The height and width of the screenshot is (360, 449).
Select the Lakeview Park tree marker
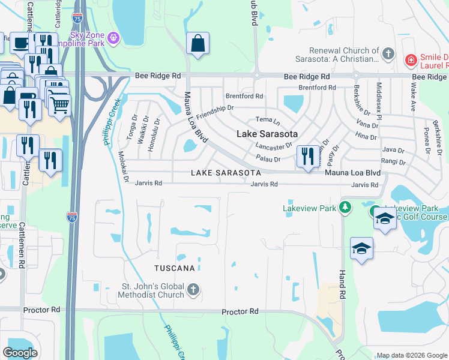click(345, 208)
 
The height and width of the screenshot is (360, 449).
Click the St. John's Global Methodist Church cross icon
click(193, 290)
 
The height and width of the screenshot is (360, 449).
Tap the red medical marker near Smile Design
click(411, 59)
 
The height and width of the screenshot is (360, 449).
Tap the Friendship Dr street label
click(214, 112)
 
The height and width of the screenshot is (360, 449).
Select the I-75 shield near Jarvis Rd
click(72, 217)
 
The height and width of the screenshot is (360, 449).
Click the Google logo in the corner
click(20, 352)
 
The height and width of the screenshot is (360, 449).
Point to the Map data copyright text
click(411, 355)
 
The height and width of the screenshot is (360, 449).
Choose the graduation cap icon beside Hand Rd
click(362, 248)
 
